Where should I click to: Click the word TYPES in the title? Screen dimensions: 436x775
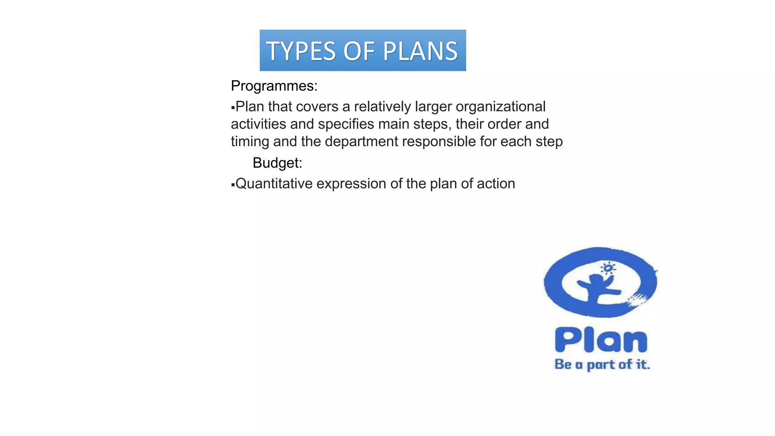[x=301, y=51]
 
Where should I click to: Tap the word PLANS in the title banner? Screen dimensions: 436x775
[x=420, y=51]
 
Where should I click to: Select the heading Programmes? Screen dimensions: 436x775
[x=274, y=86]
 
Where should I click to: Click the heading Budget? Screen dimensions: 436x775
[x=277, y=163]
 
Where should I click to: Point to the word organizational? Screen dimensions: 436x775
[x=500, y=107]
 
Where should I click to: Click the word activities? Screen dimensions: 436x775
[x=258, y=124]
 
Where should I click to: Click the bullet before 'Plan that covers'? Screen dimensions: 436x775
[x=233, y=108]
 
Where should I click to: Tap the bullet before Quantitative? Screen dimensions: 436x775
[x=233, y=185]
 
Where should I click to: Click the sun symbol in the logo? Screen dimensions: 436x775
[x=608, y=268]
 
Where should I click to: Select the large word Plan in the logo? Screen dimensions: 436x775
[x=601, y=340]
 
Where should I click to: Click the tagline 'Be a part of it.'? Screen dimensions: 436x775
[x=602, y=364]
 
